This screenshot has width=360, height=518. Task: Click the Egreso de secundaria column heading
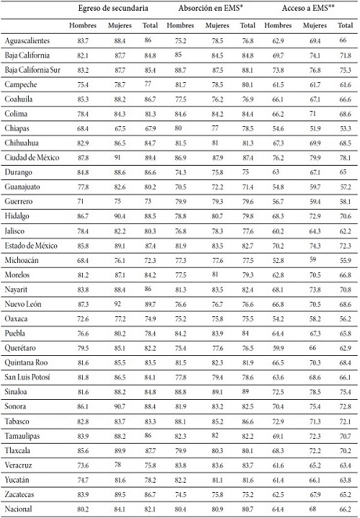[114, 9]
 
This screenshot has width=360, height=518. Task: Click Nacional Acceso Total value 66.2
[344, 509]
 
